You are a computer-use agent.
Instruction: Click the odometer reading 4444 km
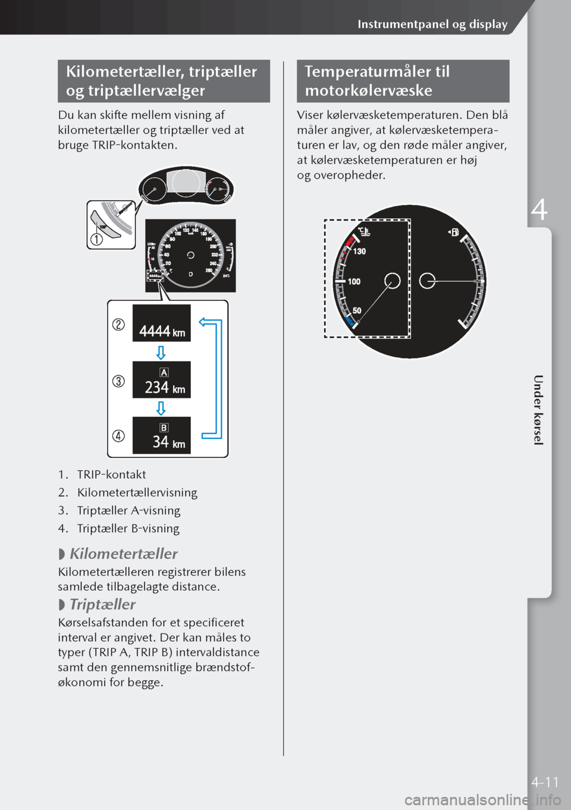162,331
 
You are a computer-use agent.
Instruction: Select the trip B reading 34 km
168,442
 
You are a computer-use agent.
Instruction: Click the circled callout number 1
96,239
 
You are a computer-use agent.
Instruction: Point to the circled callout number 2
118,325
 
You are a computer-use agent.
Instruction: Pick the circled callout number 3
118,381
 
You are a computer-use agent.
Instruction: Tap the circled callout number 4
118,436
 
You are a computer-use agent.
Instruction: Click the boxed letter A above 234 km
164,372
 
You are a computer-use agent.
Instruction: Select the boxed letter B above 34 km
164,428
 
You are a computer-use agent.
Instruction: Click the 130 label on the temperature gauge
359,252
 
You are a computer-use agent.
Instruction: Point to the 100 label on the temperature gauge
354,281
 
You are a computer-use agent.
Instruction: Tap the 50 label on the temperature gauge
356,310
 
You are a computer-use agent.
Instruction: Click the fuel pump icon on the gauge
454,233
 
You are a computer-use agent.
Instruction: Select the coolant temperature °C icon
363,231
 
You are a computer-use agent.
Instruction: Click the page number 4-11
545,782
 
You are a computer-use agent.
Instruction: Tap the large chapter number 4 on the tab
539,210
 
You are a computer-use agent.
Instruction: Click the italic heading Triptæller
102,604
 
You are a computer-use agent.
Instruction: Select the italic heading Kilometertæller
124,554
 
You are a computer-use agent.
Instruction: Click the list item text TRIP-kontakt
111,475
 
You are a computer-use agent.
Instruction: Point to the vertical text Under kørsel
538,410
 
